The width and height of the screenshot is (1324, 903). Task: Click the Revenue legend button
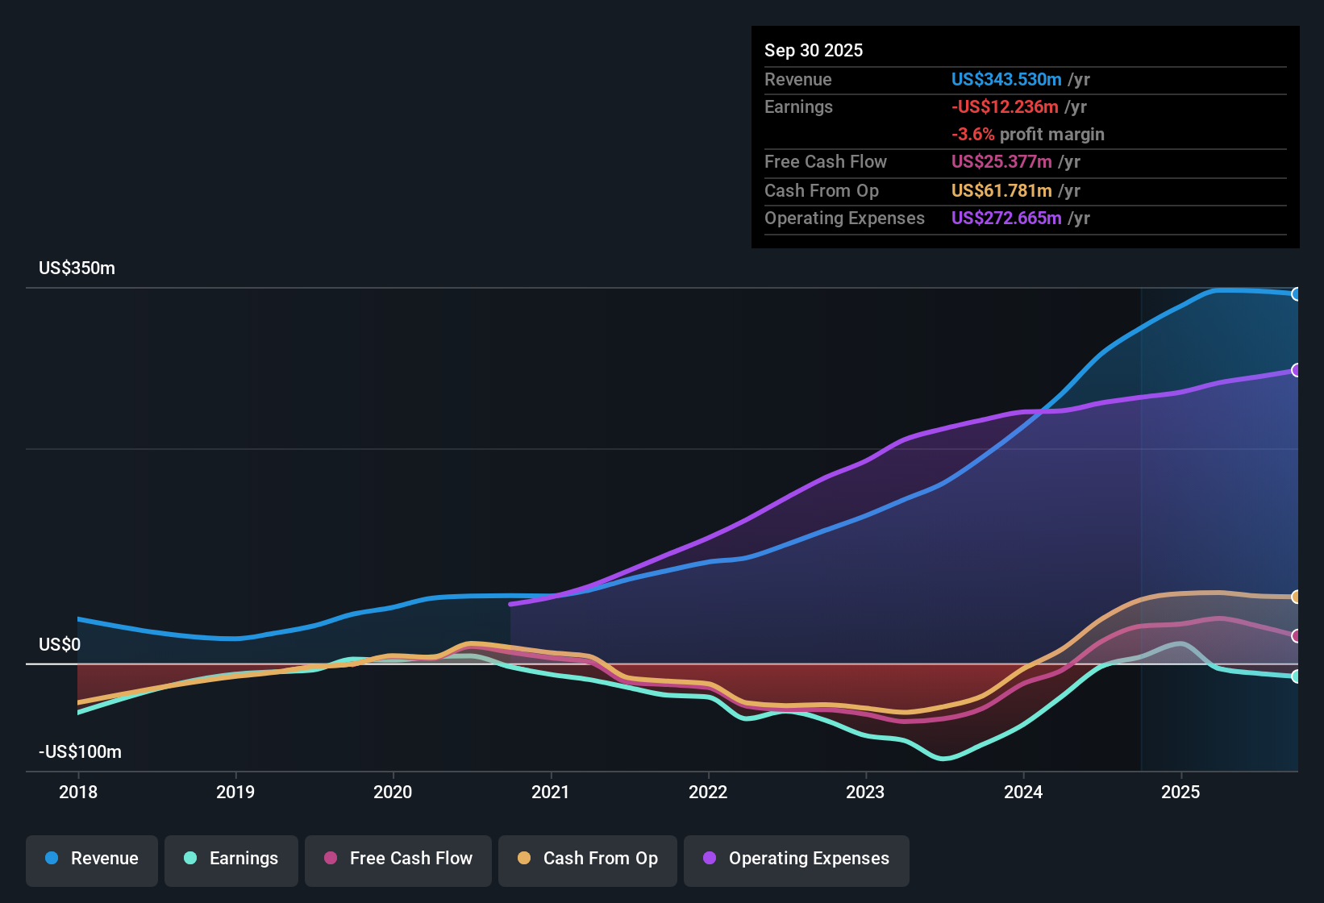coord(92,859)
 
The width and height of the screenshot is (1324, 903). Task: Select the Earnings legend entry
coord(231,859)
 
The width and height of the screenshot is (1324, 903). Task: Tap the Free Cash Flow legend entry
coord(398,859)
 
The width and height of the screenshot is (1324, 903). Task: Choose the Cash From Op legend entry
coord(588,859)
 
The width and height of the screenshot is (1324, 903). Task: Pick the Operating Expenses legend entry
coord(797,859)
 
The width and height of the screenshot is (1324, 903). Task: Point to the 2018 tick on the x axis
coord(78,792)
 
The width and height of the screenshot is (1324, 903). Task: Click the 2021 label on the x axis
coord(551,792)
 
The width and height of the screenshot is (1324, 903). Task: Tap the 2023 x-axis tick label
coord(865,792)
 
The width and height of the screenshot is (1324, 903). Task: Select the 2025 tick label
coord(1180,792)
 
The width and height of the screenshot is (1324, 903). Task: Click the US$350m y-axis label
coord(77,268)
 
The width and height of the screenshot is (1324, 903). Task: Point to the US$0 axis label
coord(60,645)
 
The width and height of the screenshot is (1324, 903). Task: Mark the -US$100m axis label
coord(80,752)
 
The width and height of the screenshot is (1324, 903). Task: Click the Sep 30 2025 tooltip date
coord(814,51)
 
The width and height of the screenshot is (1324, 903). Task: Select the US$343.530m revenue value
coord(1006,80)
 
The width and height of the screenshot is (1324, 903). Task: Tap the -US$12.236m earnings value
coord(1005,107)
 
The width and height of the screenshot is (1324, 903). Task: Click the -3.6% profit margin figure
coord(972,135)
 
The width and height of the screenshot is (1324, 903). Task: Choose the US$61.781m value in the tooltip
coord(1001,191)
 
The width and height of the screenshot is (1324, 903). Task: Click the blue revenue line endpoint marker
coord(1296,294)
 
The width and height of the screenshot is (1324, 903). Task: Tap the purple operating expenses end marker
coord(1296,370)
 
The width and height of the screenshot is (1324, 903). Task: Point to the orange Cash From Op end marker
coord(1296,597)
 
